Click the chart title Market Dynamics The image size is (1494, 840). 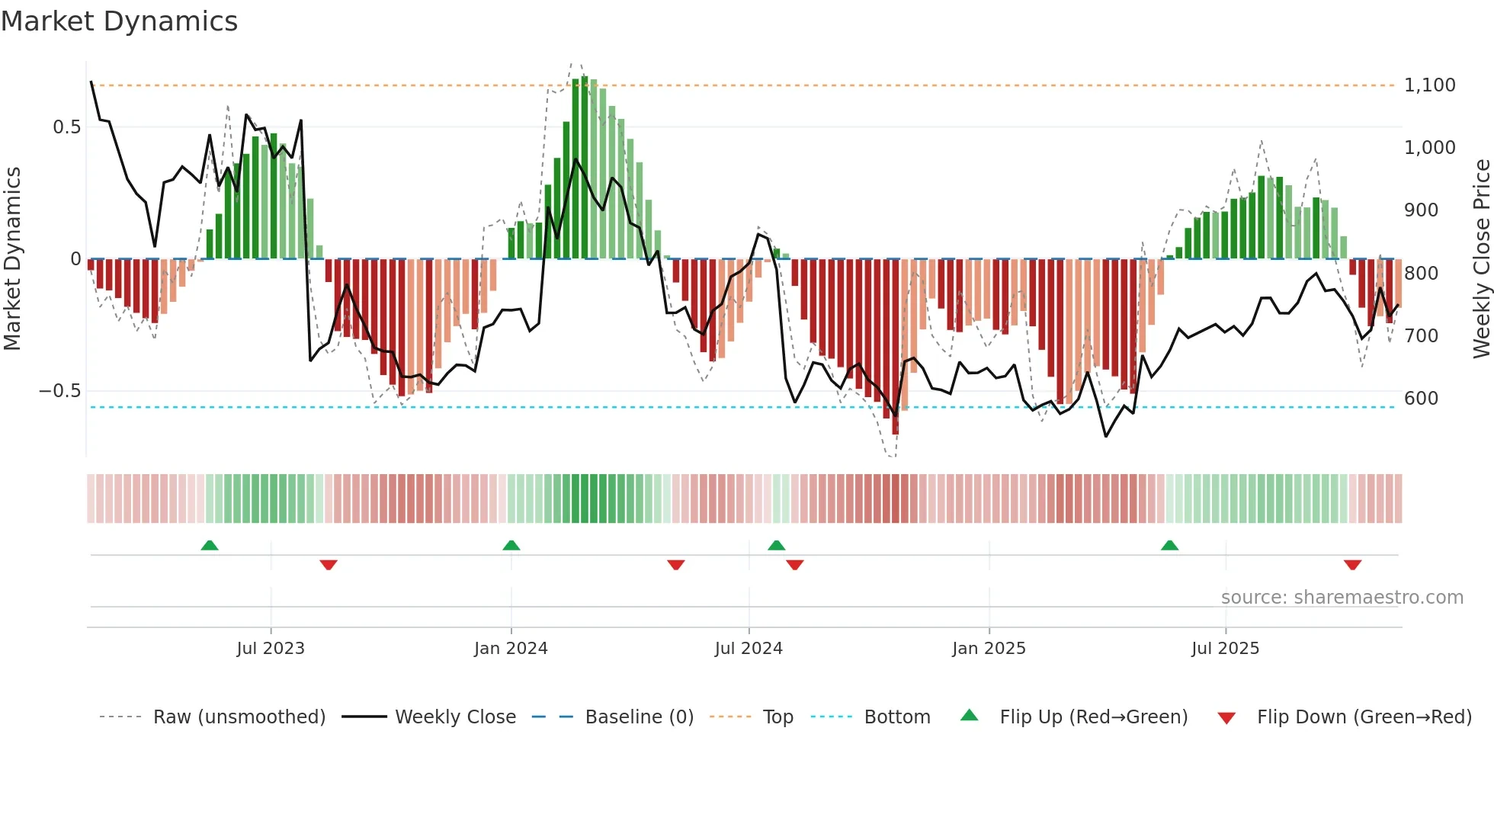click(x=119, y=21)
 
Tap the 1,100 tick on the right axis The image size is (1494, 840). click(x=1429, y=85)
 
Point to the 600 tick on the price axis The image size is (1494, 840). click(x=1421, y=399)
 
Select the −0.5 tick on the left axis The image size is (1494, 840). click(x=59, y=391)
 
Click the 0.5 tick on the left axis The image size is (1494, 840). click(x=66, y=127)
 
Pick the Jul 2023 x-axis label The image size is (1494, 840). click(x=271, y=649)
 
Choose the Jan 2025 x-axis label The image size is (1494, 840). click(x=989, y=649)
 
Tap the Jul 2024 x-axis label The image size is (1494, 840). click(x=749, y=649)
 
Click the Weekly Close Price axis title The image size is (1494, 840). click(x=1481, y=259)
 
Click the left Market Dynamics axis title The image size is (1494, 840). click(x=13, y=259)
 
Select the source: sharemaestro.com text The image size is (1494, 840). click(x=1342, y=598)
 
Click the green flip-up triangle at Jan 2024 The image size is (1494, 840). click(x=511, y=545)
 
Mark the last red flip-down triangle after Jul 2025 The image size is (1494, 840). click(x=1352, y=565)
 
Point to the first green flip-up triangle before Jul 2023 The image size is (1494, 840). click(x=210, y=545)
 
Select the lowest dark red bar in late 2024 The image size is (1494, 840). click(x=896, y=347)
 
